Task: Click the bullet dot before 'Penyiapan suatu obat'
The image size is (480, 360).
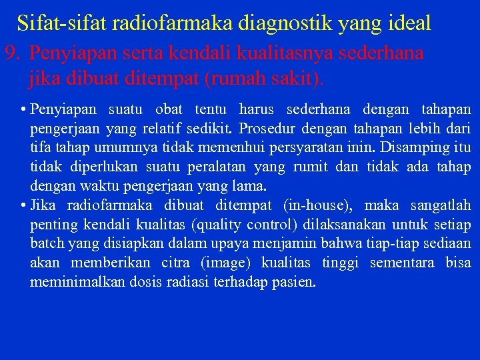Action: pos(23,109)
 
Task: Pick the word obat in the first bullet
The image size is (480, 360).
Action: pos(169,109)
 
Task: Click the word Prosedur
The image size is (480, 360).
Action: pos(263,128)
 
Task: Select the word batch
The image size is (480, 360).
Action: pos(46,244)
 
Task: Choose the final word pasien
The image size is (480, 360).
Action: pos(293,282)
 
